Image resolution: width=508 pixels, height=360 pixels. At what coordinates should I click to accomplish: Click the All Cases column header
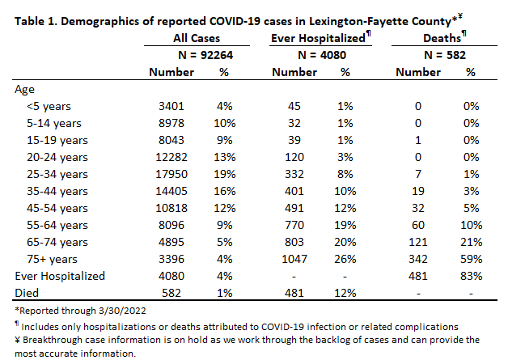click(x=197, y=38)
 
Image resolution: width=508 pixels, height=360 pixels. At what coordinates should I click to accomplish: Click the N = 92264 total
click(x=205, y=55)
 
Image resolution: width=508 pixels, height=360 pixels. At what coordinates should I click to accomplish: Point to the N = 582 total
click(x=445, y=55)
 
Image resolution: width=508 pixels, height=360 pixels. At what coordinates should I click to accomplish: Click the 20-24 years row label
click(x=57, y=157)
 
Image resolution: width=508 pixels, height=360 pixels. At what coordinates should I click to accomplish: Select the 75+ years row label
click(x=52, y=259)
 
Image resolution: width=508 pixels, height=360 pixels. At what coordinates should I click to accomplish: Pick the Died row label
click(x=27, y=293)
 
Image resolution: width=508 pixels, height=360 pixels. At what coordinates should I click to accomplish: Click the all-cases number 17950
click(x=171, y=174)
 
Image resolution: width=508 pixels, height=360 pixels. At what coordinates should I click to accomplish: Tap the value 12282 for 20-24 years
click(x=171, y=157)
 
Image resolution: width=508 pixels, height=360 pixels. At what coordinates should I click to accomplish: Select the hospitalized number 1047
click(x=294, y=259)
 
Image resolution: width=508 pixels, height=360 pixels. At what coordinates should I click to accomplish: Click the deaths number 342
click(x=418, y=259)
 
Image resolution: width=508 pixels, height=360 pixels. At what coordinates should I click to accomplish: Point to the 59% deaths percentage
click(x=471, y=259)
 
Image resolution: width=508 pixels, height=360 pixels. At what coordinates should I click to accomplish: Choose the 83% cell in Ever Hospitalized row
click(x=471, y=276)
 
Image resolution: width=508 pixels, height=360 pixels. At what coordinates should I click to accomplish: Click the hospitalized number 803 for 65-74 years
click(x=294, y=242)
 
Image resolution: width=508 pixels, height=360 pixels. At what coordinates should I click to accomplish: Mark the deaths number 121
click(x=418, y=242)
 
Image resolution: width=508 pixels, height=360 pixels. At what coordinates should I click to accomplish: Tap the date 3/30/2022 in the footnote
click(x=122, y=311)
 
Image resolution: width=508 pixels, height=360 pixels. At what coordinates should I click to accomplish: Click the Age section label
click(x=24, y=90)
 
